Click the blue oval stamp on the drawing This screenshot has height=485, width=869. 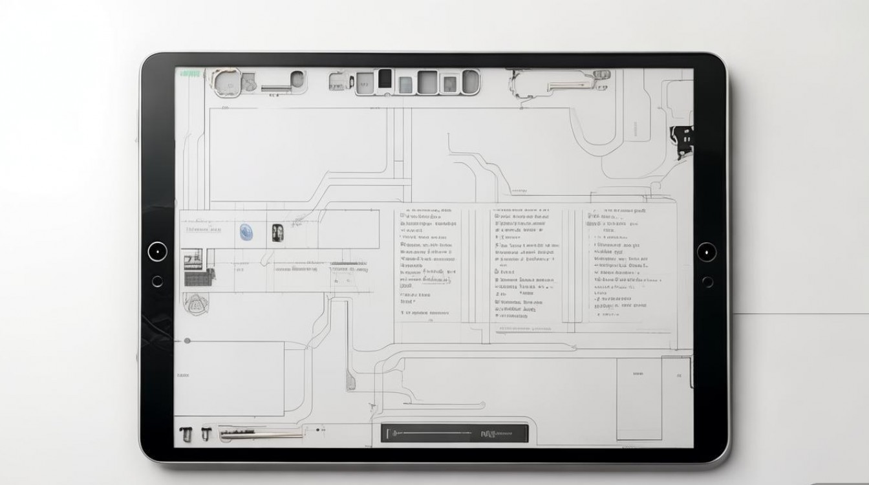246,232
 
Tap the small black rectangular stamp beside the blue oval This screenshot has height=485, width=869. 277,233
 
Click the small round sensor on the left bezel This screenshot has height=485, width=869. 157,281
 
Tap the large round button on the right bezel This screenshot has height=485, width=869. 707,252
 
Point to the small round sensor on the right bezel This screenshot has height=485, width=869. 707,282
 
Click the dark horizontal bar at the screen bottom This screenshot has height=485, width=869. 454,433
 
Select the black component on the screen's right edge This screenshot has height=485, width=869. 681,139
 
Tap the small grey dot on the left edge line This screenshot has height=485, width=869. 188,340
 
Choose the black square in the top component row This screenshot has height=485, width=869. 385,78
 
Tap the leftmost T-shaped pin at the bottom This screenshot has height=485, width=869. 186,435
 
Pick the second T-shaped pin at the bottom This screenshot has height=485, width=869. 206,434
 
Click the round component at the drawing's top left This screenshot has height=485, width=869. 227,81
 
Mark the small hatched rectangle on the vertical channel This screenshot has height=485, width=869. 350,382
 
